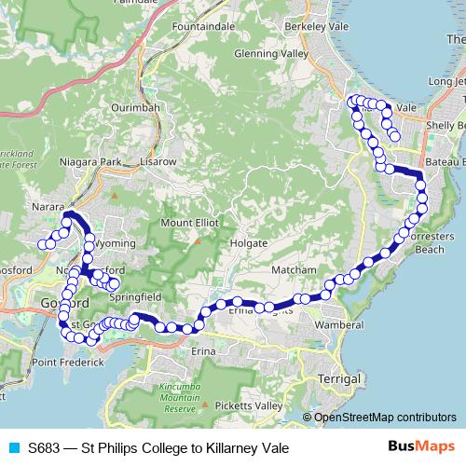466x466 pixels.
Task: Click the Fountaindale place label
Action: (x=203, y=28)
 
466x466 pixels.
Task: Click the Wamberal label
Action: (x=338, y=324)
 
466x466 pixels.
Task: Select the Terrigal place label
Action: (x=338, y=380)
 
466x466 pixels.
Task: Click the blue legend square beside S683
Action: (x=13, y=448)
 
